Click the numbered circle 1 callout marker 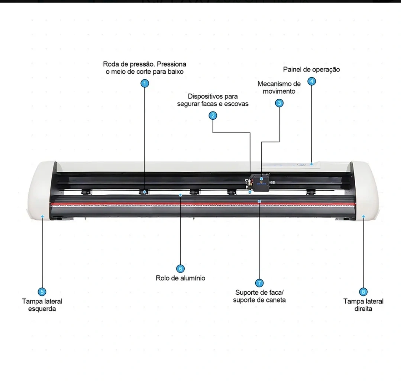145,83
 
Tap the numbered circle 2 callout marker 213,116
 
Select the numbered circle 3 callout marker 279,103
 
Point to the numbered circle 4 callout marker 312,81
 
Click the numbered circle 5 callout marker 42,292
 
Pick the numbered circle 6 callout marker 181,268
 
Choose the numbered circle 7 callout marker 259,282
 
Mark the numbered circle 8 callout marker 363,292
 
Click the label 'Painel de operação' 311,70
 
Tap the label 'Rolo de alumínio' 180,278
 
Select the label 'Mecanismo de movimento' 279,88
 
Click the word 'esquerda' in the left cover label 42,309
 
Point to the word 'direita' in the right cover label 363,309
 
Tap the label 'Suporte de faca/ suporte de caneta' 259,296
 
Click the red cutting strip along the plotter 149,204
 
